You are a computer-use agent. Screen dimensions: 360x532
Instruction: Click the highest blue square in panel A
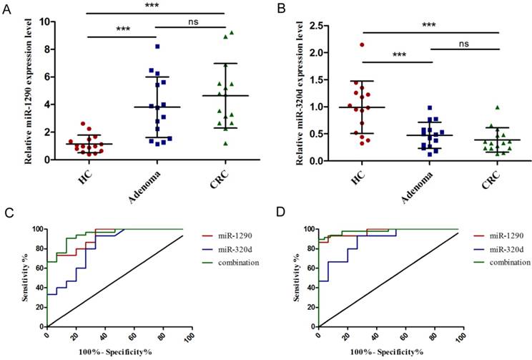pyautogui.click(x=157, y=47)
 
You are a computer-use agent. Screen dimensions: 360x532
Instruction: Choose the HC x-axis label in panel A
pyautogui.click(x=88, y=176)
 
